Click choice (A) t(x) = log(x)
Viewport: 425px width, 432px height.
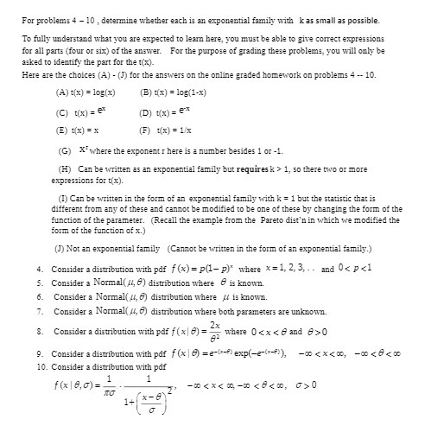pyautogui.click(x=86, y=92)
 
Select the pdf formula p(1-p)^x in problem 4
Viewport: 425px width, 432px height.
pyautogui.click(x=201, y=269)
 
